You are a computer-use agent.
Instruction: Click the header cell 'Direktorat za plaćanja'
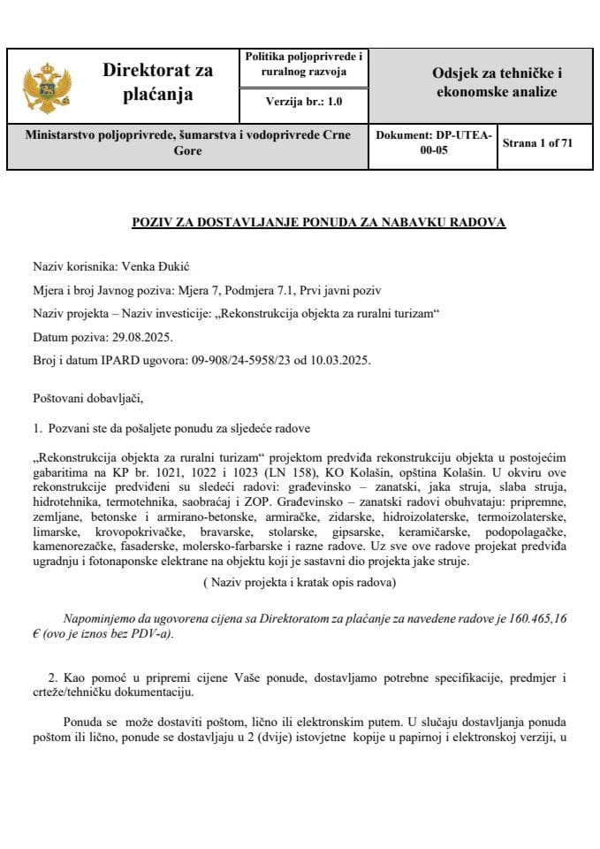158,82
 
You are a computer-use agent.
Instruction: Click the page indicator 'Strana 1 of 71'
537,142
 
